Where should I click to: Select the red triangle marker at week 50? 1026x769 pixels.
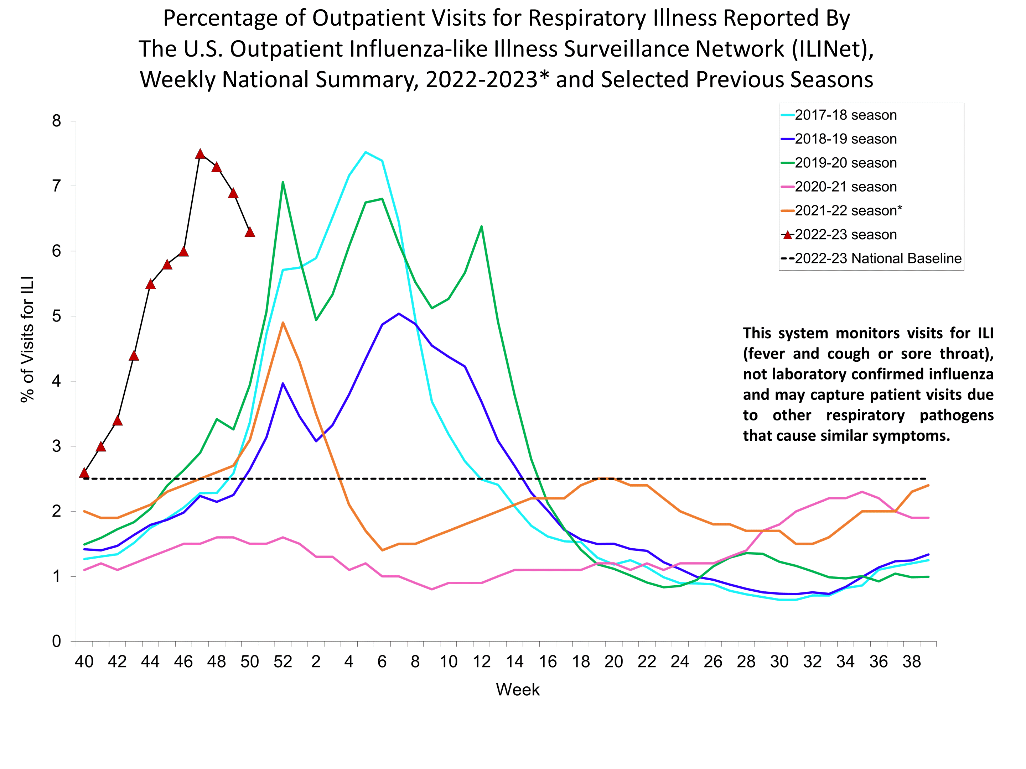pyautogui.click(x=249, y=232)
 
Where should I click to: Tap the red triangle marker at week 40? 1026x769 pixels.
pyautogui.click(x=84, y=473)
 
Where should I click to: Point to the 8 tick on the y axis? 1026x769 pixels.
pyautogui.click(x=57, y=121)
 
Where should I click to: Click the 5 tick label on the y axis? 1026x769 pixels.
pyautogui.click(x=57, y=316)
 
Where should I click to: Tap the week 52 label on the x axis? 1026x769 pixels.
pyautogui.click(x=283, y=661)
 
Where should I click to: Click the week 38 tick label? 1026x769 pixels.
pyautogui.click(x=911, y=661)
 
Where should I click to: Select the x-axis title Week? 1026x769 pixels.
pyautogui.click(x=518, y=690)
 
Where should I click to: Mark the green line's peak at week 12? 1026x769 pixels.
pyautogui.click(x=481, y=226)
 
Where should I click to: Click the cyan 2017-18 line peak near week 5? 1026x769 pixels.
pyautogui.click(x=366, y=152)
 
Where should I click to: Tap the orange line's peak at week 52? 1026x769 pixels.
pyautogui.click(x=283, y=322)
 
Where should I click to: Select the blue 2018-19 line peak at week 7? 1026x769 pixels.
pyautogui.click(x=398, y=313)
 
